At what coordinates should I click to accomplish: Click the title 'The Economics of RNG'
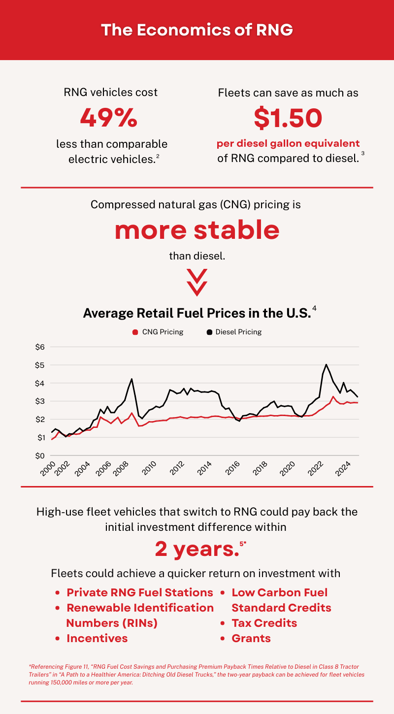[x=197, y=30]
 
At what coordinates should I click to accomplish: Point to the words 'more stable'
[x=197, y=230]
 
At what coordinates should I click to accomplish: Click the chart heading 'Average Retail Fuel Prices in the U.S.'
[x=197, y=313]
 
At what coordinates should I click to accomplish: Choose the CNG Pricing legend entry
[x=158, y=332]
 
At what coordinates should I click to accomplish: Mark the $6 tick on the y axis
[x=40, y=347]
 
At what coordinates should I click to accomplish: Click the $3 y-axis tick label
[x=40, y=401]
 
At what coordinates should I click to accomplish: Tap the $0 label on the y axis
[x=40, y=455]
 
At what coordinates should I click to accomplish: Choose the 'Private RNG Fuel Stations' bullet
[x=140, y=592]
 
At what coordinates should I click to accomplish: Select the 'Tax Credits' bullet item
[x=264, y=623]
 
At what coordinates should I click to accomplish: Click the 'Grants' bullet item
[x=251, y=638]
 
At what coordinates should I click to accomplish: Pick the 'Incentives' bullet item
[x=97, y=638]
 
